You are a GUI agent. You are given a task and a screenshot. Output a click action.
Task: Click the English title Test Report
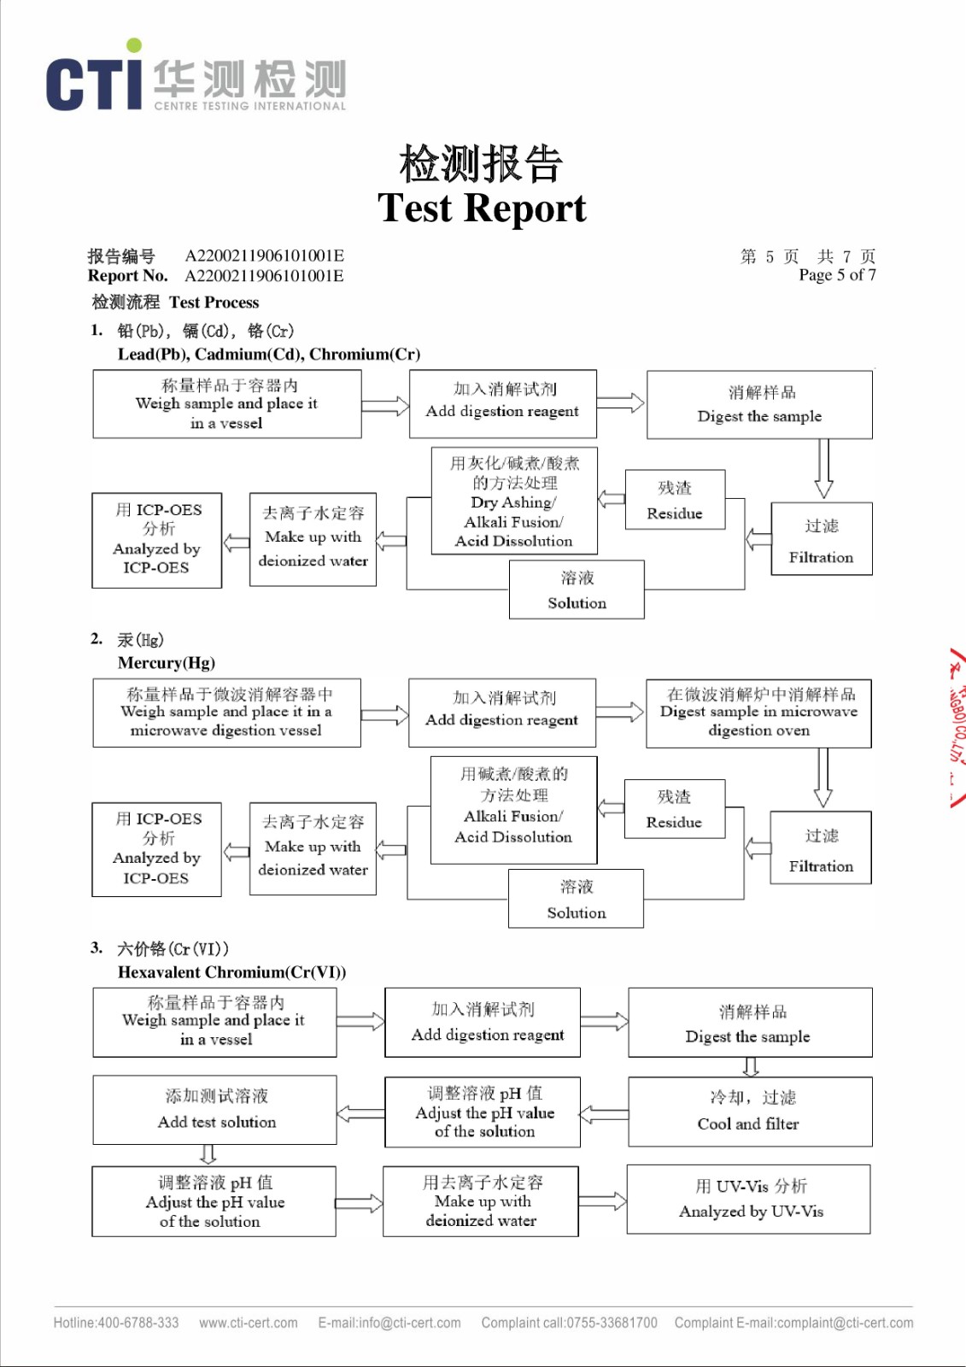click(x=482, y=208)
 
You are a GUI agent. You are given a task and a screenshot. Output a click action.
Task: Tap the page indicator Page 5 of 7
click(x=837, y=275)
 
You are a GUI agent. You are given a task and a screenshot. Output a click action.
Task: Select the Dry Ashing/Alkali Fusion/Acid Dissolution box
click(x=513, y=502)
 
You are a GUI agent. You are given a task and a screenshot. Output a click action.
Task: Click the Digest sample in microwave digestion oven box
click(x=758, y=713)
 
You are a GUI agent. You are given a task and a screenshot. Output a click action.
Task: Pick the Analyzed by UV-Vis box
click(x=749, y=1199)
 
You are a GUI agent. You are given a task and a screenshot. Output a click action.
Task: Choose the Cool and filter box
click(x=749, y=1111)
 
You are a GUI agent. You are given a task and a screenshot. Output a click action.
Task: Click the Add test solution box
click(x=215, y=1109)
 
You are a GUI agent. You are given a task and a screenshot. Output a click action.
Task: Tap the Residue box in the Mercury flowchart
click(x=674, y=809)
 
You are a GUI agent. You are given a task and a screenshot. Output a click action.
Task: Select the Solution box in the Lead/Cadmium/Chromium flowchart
click(x=577, y=590)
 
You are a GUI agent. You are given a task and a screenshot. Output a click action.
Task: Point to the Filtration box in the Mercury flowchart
click(x=821, y=851)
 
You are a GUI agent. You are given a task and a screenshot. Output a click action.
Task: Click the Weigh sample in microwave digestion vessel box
click(x=226, y=713)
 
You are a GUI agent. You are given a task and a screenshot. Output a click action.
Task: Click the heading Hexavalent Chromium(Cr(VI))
click(x=231, y=972)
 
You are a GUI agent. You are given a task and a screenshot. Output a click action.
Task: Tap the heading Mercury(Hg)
click(x=167, y=663)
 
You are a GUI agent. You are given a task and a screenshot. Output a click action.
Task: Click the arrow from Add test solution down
click(x=208, y=1155)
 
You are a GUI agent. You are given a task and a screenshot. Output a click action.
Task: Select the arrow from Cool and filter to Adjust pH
click(x=604, y=1113)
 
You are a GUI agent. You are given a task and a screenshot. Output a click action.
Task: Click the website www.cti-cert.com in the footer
click(x=249, y=1323)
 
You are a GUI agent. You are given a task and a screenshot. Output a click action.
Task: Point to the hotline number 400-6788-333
click(x=138, y=1323)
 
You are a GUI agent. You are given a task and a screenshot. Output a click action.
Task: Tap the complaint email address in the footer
click(x=824, y=1323)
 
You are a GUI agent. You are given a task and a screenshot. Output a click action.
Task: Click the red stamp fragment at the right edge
click(x=957, y=726)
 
